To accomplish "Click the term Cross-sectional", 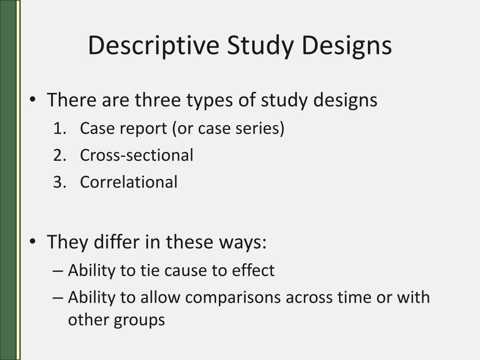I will (136, 155).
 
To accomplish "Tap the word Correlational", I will (128, 182).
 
